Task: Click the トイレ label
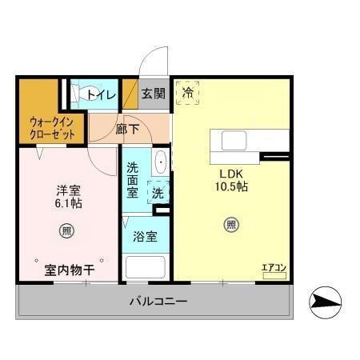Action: click(x=102, y=95)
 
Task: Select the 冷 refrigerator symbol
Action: click(x=188, y=92)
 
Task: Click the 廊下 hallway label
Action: click(x=126, y=128)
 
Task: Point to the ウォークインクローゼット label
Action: click(x=52, y=128)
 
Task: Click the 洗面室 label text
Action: click(x=133, y=181)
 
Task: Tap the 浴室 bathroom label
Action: click(x=144, y=237)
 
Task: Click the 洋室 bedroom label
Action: click(x=68, y=190)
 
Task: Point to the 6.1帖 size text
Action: click(x=68, y=204)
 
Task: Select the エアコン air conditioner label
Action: click(x=274, y=267)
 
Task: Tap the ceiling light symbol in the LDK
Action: click(x=230, y=225)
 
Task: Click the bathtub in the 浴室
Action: click(x=144, y=266)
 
